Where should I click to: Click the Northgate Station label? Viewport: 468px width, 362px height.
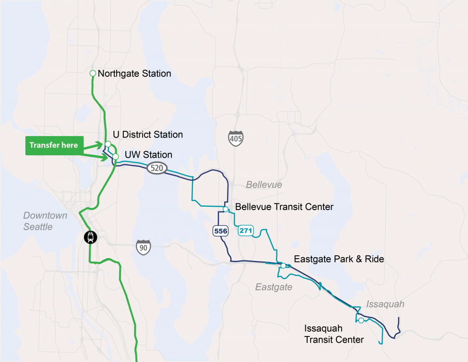(x=134, y=74)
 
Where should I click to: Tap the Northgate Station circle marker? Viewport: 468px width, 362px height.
(x=93, y=73)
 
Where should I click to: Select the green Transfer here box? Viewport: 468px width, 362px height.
(x=53, y=145)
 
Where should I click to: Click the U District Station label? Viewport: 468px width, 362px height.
(x=148, y=135)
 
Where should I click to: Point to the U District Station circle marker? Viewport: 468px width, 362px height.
(x=108, y=144)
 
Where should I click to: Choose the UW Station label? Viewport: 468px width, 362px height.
(x=148, y=155)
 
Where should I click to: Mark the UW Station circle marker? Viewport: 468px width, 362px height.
(x=116, y=156)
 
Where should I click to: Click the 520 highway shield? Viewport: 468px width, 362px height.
(x=157, y=168)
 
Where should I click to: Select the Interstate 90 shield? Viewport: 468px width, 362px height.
(x=144, y=247)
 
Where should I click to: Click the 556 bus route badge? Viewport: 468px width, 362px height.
(x=221, y=231)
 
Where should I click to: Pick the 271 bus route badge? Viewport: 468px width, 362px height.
(x=246, y=231)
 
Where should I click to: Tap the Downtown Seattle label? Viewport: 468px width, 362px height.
(x=45, y=221)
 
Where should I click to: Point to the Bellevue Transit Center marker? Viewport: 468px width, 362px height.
(x=226, y=209)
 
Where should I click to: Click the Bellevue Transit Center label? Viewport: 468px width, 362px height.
(x=284, y=207)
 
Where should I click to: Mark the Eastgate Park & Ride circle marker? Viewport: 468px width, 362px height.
(x=284, y=265)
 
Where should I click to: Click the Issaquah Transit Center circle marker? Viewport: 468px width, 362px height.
(x=360, y=320)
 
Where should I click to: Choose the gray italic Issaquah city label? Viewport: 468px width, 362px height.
(x=385, y=304)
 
